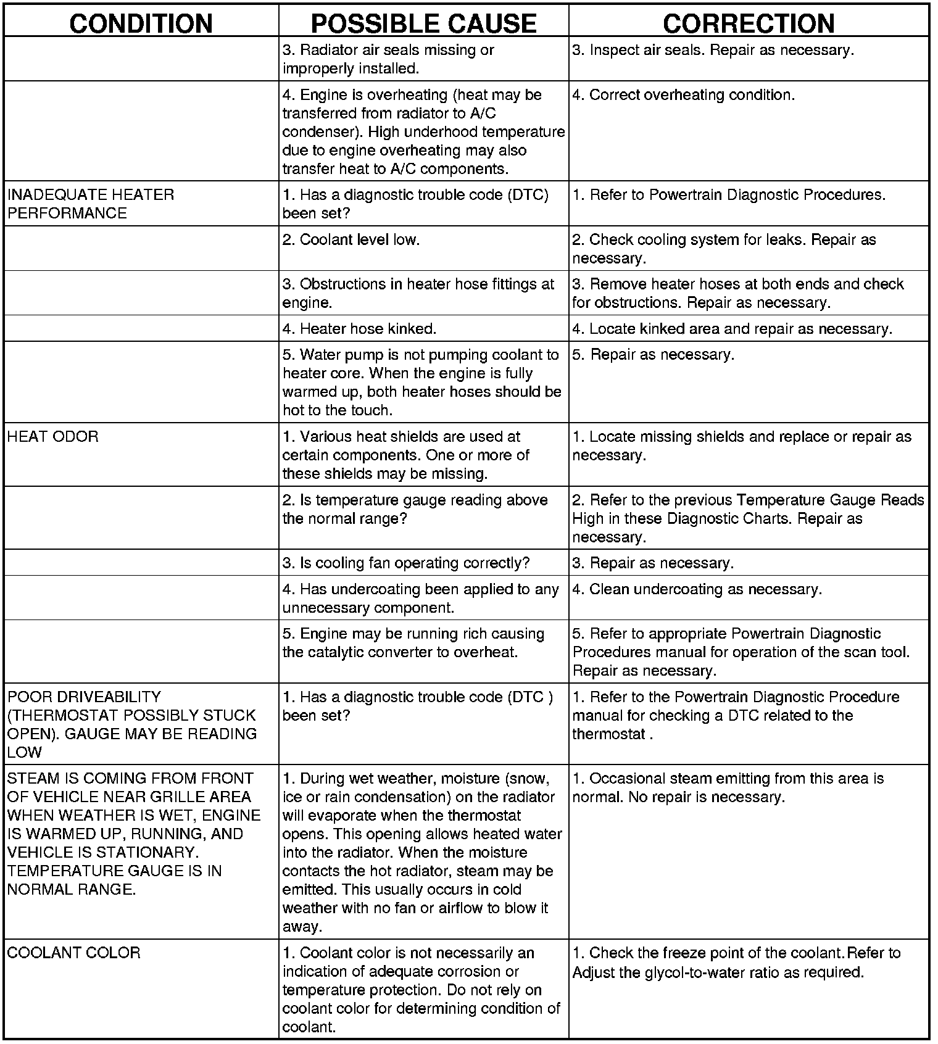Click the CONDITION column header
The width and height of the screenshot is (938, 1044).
[141, 23]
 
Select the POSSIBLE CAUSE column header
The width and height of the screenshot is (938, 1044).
[423, 23]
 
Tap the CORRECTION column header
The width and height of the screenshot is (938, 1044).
[749, 23]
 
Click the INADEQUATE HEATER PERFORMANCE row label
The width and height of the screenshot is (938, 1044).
[91, 204]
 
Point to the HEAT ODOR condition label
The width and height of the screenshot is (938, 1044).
[53, 437]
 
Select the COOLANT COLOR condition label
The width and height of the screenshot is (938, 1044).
[74, 953]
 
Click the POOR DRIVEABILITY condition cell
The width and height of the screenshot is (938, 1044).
[132, 724]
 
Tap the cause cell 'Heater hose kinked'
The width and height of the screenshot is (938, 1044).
[359, 329]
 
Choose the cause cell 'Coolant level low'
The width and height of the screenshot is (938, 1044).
[351, 240]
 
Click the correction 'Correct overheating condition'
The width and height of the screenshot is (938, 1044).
[683, 95]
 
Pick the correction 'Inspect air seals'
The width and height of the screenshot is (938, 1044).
[713, 50]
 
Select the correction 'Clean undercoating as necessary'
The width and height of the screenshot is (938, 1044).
[697, 589]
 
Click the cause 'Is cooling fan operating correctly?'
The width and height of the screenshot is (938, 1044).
[406, 563]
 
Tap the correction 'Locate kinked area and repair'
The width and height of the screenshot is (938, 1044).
[732, 329]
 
